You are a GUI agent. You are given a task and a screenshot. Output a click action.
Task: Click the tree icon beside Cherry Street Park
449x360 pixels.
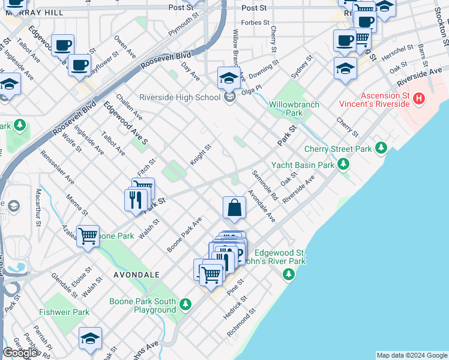point(380,148)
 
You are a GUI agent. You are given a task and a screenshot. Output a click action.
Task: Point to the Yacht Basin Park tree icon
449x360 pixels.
point(343,163)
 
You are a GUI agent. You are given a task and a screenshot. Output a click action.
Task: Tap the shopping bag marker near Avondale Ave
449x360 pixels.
point(234,208)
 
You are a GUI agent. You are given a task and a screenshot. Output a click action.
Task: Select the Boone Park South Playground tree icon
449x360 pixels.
point(186,304)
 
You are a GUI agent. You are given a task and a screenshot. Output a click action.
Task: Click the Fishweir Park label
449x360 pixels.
point(64,312)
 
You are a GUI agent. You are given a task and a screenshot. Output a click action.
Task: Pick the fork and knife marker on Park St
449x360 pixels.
point(136,199)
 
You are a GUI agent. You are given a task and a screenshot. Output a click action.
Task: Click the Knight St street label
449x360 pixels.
point(201,154)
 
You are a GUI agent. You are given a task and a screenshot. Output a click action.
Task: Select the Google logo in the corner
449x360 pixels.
point(20,352)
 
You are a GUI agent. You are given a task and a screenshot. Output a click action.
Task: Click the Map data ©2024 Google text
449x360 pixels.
point(412,355)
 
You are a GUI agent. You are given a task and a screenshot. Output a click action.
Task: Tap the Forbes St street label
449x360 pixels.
point(254,23)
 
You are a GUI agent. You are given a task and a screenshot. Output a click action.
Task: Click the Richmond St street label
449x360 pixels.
point(241,323)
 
